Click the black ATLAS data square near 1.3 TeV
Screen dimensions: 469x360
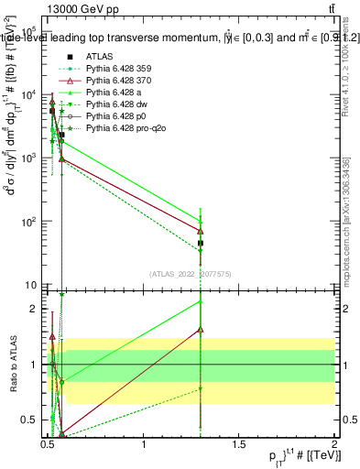point(201,244)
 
